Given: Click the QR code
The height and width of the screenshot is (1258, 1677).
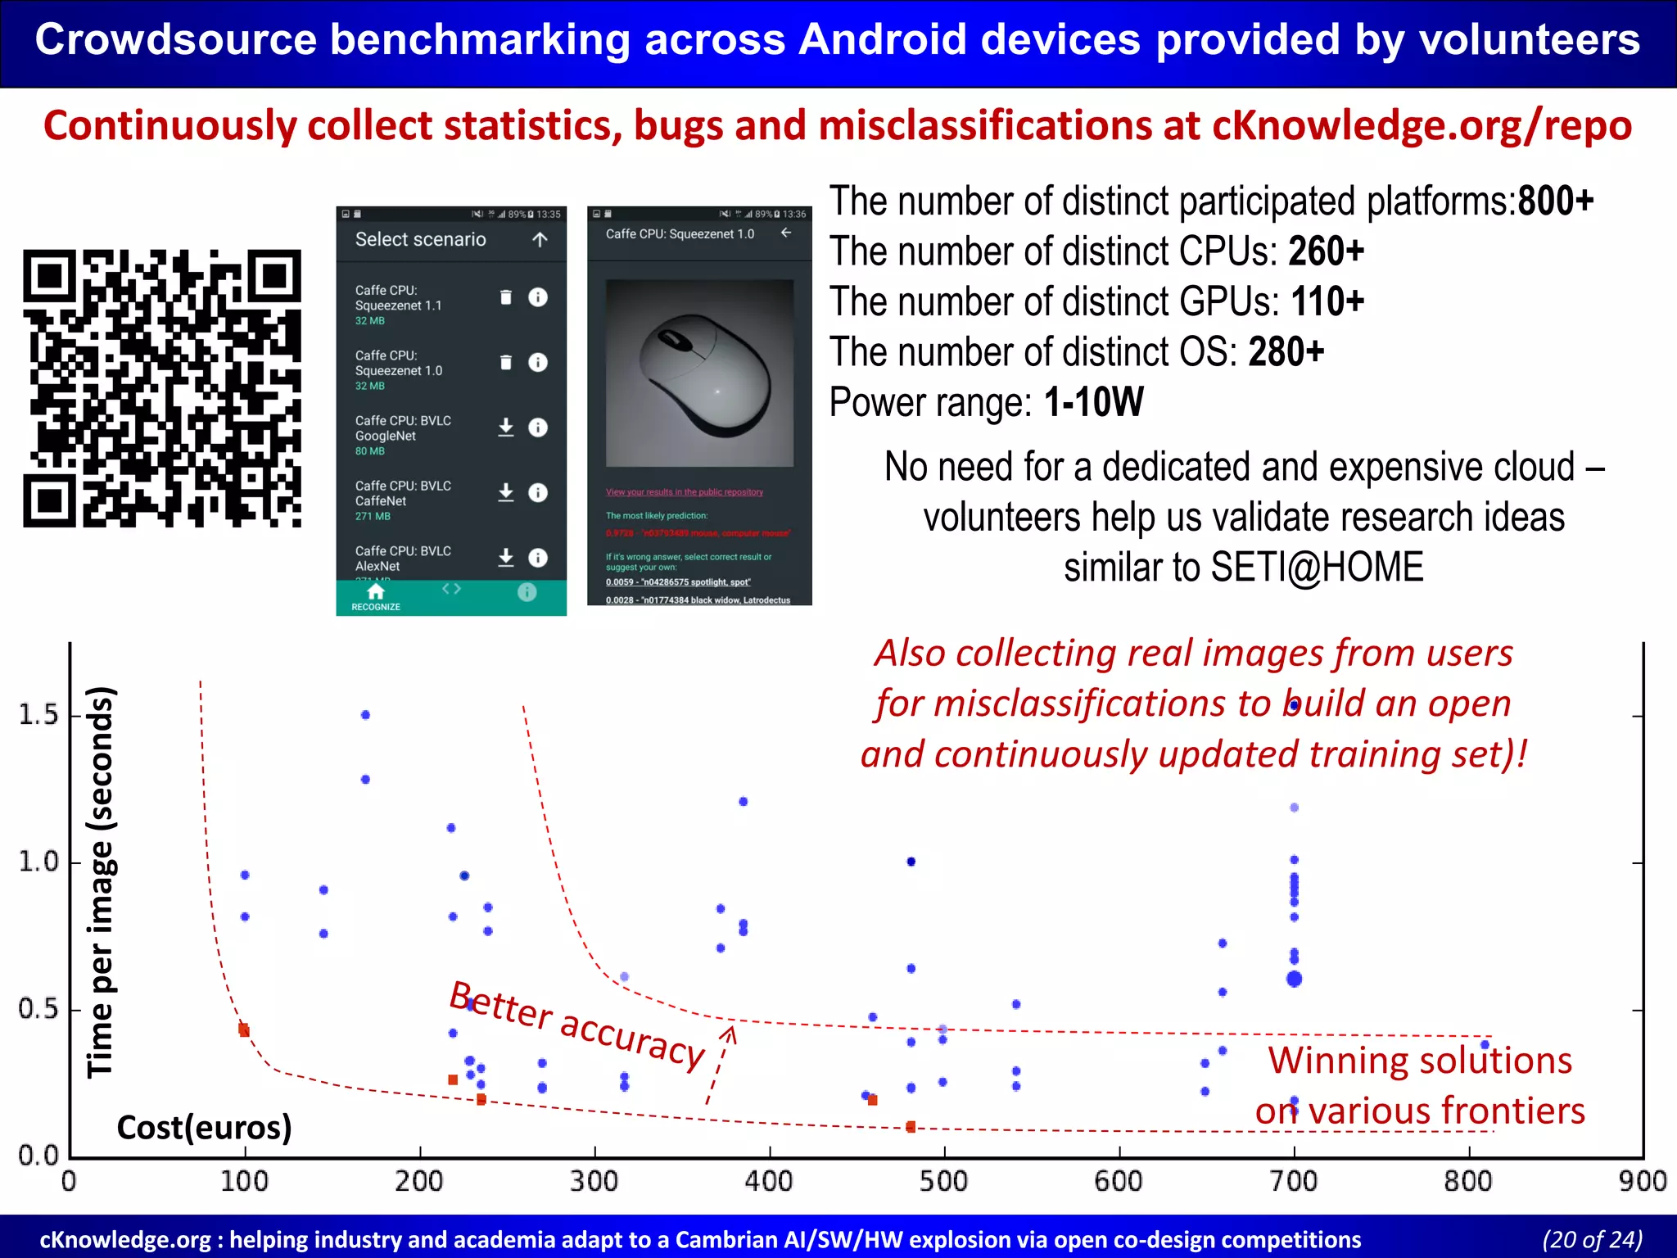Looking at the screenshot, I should (162, 388).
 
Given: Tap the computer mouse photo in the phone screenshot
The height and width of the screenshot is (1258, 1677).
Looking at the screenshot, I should (700, 373).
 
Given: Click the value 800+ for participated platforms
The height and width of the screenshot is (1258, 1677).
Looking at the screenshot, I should (1555, 201).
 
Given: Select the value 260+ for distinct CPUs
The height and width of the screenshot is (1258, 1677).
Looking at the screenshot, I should (1326, 251).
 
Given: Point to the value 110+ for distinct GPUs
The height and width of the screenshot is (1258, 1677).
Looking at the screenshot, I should (1327, 302).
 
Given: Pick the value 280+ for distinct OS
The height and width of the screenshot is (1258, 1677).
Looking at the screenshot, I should (1286, 352).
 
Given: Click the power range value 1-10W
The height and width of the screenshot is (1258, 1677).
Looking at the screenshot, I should (1093, 402).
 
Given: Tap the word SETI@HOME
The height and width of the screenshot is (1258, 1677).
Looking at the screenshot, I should (1317, 568).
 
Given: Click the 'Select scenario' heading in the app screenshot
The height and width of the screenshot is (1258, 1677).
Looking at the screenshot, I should (420, 240).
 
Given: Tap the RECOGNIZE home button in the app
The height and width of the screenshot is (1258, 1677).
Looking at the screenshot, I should (376, 597).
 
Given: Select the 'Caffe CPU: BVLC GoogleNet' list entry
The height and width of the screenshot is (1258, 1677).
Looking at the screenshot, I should (403, 428).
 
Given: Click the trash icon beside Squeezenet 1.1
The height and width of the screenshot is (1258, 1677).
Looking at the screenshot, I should (506, 297).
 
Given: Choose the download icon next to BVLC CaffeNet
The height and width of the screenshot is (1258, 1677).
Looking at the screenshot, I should (506, 492).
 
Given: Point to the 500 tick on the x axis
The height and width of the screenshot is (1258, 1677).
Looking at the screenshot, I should (944, 1182).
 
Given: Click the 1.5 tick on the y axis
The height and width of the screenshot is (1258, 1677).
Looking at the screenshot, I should (38, 715).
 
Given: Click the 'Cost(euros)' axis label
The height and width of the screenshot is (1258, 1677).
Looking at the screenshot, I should (204, 1128).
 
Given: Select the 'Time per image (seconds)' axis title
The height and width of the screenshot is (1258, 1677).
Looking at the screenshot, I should (101, 881).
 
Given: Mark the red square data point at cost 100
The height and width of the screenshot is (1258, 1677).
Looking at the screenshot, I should (244, 1029).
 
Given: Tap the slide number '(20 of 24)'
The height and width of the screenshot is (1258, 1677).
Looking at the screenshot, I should (1592, 1240).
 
